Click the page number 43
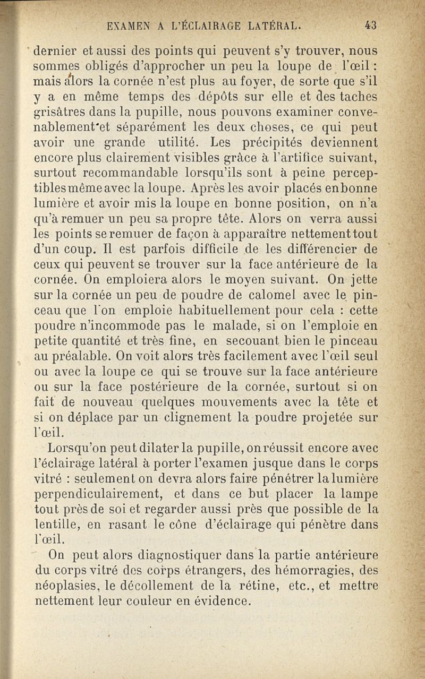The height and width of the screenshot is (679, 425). pos(371,24)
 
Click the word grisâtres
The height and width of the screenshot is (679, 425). pos(61,112)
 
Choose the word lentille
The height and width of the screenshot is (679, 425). pos(56,525)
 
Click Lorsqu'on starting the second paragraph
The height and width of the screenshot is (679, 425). pos(80,434)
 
